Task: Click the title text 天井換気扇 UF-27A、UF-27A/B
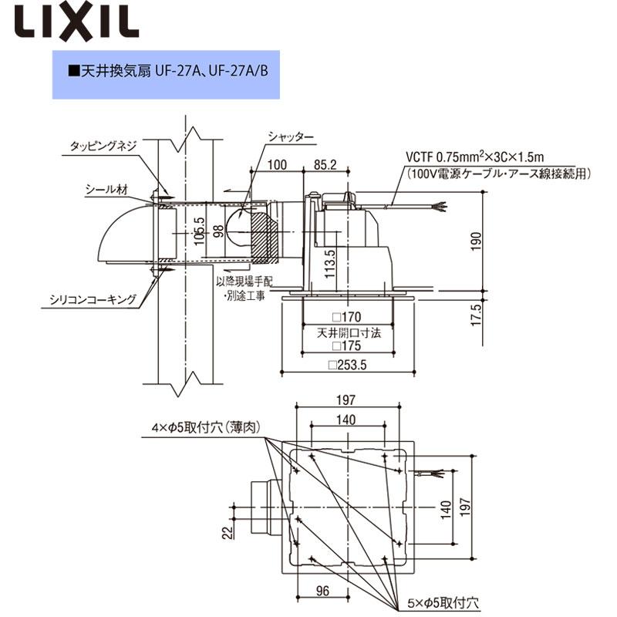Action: pyautogui.click(x=169, y=71)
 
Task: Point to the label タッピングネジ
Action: pyautogui.click(x=103, y=145)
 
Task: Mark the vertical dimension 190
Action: pyautogui.click(x=476, y=240)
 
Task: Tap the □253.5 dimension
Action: pyautogui.click(x=346, y=366)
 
